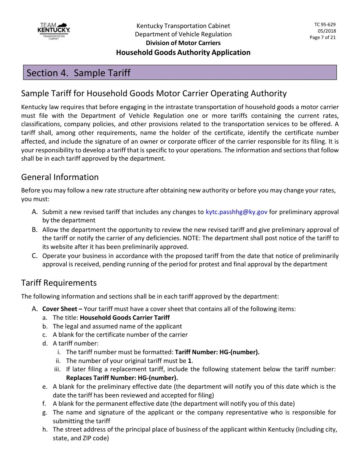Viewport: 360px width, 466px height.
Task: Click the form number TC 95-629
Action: click(325, 25)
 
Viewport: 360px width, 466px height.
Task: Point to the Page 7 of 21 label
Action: click(322, 38)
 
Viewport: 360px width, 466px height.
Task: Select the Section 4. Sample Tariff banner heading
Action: click(78, 73)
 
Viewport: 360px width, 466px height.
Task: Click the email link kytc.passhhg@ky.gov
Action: click(236, 212)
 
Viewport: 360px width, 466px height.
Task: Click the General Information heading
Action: click(60, 177)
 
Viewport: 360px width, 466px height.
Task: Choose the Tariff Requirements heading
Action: click(59, 283)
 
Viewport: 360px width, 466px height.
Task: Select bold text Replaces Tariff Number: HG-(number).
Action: click(122, 378)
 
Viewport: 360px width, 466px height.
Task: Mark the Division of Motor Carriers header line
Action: click(183, 43)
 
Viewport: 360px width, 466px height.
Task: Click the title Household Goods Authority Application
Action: click(183, 52)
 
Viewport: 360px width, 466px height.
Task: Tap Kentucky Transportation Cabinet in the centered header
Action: click(183, 26)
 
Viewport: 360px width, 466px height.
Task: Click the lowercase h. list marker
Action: click(45, 430)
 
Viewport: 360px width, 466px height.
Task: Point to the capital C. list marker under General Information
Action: click(34, 256)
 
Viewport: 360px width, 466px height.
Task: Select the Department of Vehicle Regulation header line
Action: click(183, 34)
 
